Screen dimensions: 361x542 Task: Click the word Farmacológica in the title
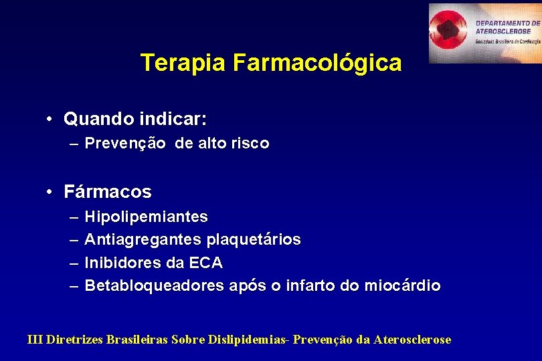[317, 63]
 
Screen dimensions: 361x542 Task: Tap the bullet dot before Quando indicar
[51, 120]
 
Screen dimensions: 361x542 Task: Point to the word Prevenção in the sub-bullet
[125, 143]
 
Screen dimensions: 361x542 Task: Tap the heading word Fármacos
[108, 192]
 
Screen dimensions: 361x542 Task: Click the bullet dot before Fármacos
[51, 192]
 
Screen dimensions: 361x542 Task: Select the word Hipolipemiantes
[147, 217]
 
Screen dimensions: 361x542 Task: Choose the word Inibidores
[121, 263]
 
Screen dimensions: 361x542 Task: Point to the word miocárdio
[402, 286]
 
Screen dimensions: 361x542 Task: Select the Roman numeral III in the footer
[35, 340]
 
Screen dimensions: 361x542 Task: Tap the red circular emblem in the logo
[451, 31]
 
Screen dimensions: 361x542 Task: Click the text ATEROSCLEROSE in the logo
[504, 31]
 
